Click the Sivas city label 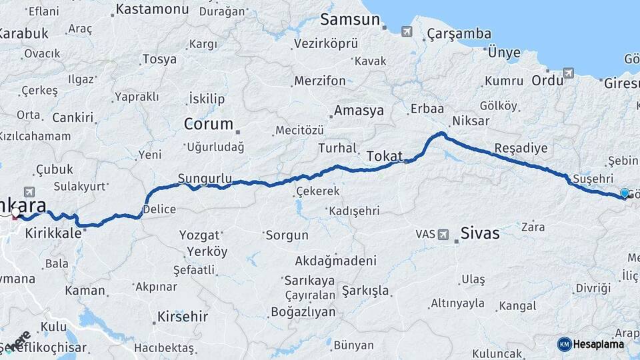(480, 233)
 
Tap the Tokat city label (385, 156)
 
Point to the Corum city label (208, 124)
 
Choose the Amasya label (359, 111)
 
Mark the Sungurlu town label (205, 179)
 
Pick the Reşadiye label (521, 148)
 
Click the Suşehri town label (593, 179)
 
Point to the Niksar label (471, 121)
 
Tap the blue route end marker (625, 193)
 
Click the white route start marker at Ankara (15, 213)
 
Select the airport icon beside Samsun (407, 31)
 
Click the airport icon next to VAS (444, 234)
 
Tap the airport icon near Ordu (568, 73)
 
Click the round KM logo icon (564, 344)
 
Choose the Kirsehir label (182, 316)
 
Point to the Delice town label (160, 209)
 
